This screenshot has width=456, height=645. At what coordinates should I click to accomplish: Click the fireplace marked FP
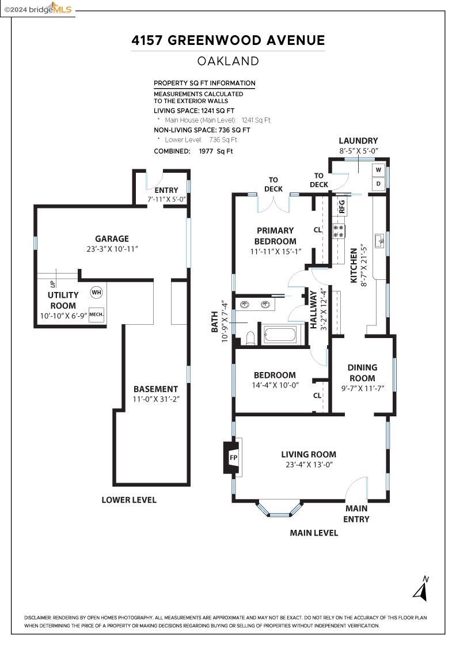coord(233,457)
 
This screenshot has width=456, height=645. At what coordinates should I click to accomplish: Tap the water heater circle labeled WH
coord(96,293)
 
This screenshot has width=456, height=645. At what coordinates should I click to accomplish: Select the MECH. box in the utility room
coord(96,314)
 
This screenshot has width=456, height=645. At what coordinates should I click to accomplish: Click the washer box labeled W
coord(378,169)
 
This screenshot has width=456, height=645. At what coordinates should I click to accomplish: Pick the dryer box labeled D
coord(378,184)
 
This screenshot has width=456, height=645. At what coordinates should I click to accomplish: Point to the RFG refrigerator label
coord(341,207)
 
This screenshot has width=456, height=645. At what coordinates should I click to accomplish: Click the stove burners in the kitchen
coord(339,232)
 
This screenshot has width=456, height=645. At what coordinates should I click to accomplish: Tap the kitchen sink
coord(379,240)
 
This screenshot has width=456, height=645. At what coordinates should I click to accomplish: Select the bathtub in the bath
coord(280,335)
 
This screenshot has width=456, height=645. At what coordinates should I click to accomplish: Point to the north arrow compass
coord(421,589)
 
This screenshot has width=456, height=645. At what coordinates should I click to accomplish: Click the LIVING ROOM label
coord(309,454)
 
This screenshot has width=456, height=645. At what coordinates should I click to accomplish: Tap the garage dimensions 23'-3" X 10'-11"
coord(112,249)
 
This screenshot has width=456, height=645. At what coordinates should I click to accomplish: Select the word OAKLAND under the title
coord(228,61)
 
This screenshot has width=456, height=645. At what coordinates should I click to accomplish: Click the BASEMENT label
coord(155,389)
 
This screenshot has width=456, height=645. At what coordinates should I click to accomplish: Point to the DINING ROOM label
coord(362,373)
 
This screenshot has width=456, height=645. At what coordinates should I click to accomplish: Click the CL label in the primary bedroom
coord(317,230)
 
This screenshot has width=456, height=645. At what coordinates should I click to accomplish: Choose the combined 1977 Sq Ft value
coord(216,151)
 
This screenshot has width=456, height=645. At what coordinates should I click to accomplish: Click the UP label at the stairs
coord(52,284)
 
